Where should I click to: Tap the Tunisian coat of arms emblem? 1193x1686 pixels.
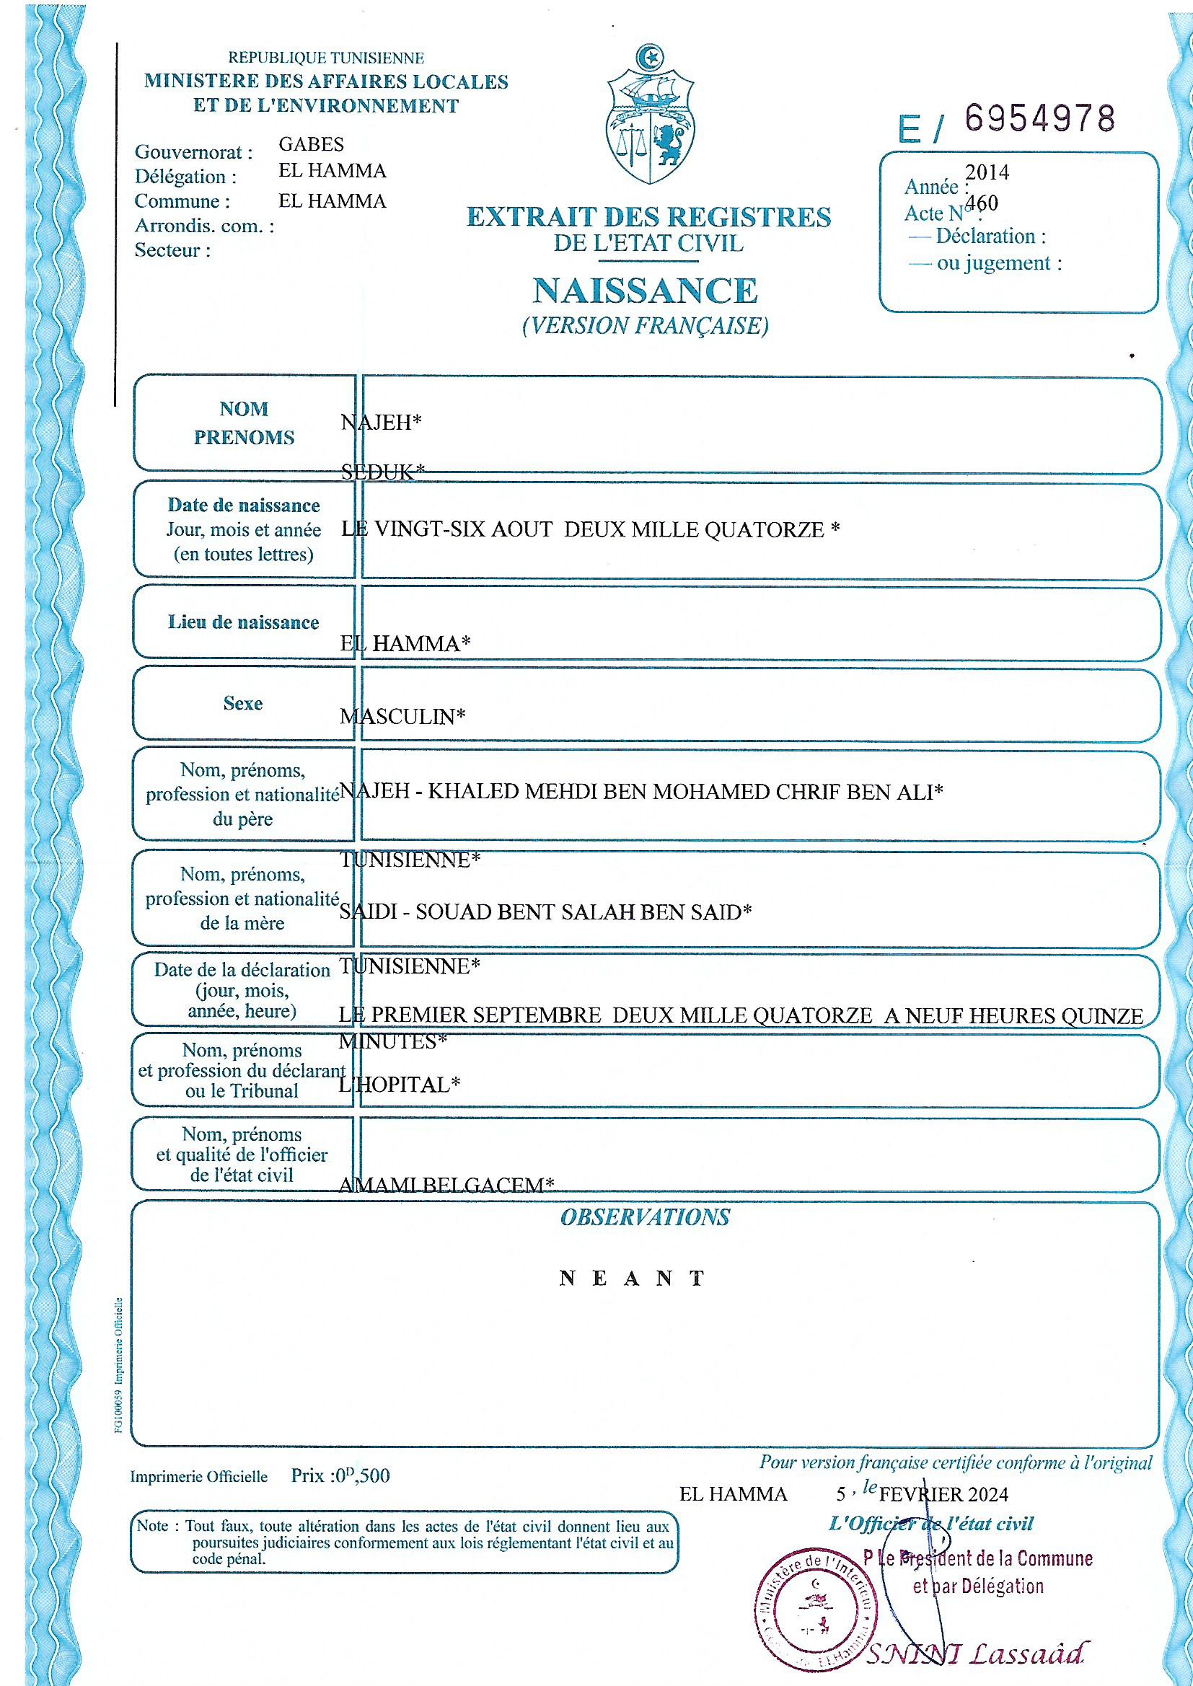click(x=646, y=118)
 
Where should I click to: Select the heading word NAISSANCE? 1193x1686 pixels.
click(x=644, y=291)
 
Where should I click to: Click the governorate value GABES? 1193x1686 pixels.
click(x=311, y=144)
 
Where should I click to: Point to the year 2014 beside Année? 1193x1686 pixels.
click(x=987, y=172)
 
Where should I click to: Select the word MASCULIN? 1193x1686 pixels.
click(x=402, y=717)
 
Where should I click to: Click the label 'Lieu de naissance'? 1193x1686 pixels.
click(x=243, y=623)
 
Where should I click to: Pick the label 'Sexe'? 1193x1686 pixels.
click(x=243, y=704)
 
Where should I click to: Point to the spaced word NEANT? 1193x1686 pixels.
click(x=632, y=1279)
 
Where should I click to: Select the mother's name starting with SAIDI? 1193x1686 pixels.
click(x=545, y=912)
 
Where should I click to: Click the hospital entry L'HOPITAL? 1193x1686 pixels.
click(x=399, y=1085)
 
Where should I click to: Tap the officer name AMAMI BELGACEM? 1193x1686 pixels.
click(x=446, y=1186)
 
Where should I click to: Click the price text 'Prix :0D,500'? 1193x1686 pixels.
click(x=340, y=1475)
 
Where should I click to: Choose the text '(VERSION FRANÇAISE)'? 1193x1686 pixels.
click(x=644, y=325)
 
